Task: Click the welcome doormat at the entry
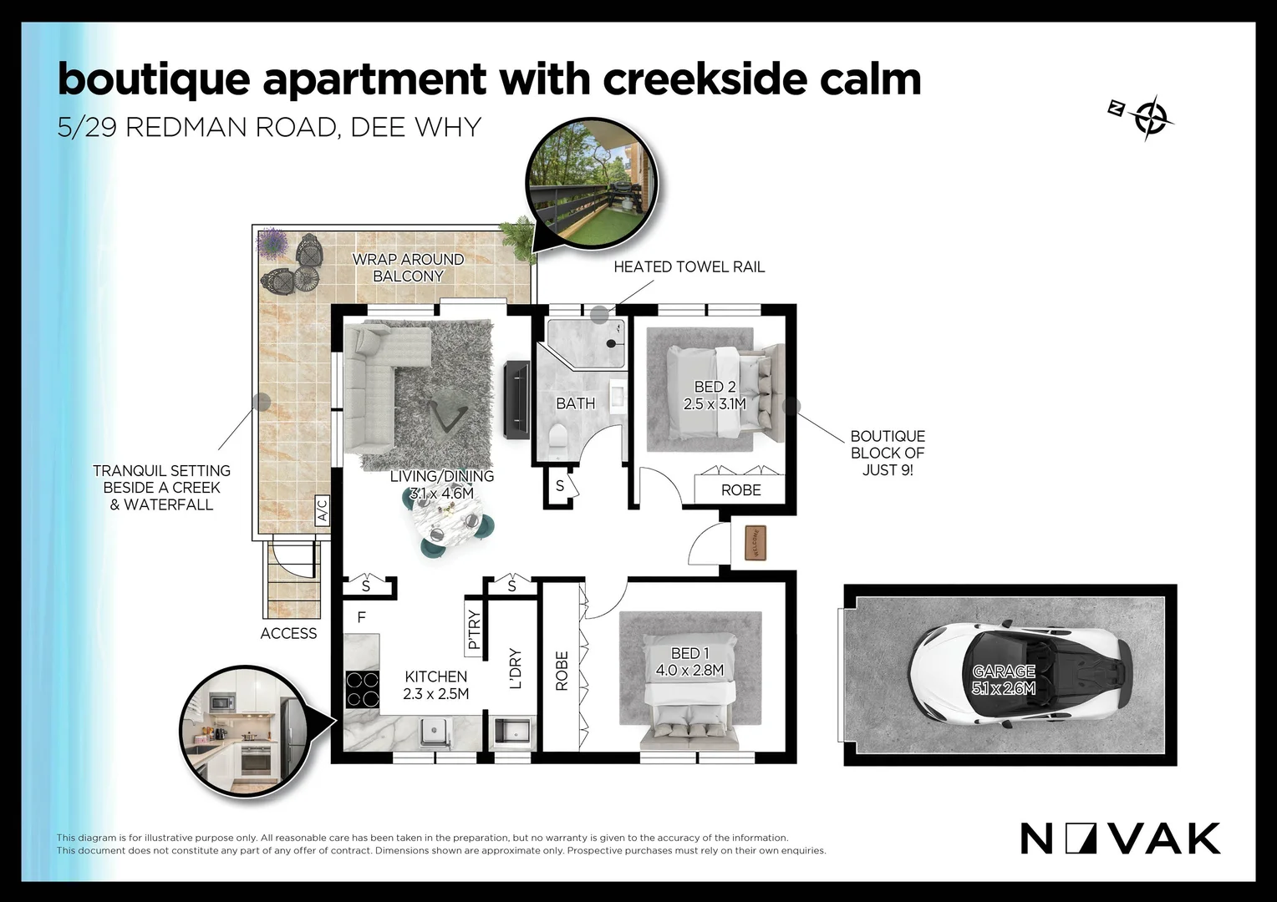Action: coord(756,544)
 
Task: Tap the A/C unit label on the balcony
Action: coord(322,510)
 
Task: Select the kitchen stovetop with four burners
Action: coord(362,690)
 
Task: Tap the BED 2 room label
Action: coord(715,395)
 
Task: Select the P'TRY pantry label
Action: coord(475,631)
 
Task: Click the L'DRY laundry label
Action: coord(516,668)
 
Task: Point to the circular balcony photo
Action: coord(591,184)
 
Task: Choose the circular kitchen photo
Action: coord(247,731)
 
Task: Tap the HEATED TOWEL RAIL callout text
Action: coord(689,266)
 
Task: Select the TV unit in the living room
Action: coord(516,399)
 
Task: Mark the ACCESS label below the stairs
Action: coord(288,633)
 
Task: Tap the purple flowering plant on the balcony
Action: coord(272,242)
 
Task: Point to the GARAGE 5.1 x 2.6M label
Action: coord(1004,680)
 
